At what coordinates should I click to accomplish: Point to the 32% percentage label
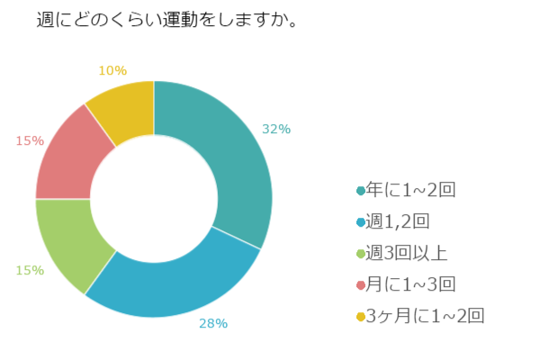275,129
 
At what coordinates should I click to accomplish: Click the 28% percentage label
213,323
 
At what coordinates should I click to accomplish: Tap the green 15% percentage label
30,268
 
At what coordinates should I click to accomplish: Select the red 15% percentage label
30,140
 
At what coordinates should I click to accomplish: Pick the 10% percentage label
112,70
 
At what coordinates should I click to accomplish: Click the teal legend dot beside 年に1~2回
361,191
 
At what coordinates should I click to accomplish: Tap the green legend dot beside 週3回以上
361,254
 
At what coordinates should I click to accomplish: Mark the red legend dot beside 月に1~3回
361,285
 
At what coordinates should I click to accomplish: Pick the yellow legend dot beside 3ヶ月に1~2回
361,317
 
